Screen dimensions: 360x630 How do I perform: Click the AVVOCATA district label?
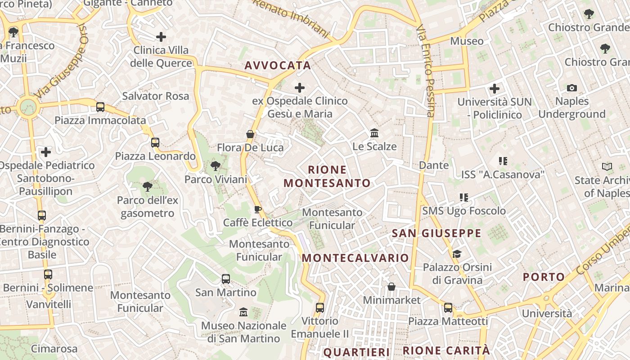[x=278, y=66]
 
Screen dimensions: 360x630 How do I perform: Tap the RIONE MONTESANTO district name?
[x=327, y=176]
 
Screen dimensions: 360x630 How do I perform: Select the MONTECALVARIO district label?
[x=355, y=258]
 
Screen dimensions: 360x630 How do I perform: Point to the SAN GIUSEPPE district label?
[x=436, y=233]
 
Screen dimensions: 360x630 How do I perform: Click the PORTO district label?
[x=544, y=277]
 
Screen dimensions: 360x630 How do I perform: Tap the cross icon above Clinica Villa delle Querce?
[x=161, y=37]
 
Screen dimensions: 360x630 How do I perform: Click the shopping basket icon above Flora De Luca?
[x=250, y=134]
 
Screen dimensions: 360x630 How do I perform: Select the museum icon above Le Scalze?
[x=374, y=133]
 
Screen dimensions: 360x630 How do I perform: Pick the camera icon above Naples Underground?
[x=571, y=88]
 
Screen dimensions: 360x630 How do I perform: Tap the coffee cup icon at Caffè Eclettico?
[x=257, y=209]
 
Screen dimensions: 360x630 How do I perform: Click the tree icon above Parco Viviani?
[x=216, y=166]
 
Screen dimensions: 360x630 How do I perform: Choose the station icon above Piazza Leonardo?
[x=155, y=143]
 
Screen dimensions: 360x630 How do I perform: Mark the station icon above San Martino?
[x=226, y=279]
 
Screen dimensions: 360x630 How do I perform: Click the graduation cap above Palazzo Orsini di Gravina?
[x=457, y=254]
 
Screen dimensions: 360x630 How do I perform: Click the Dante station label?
[x=434, y=165]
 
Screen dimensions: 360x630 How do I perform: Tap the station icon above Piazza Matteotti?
[x=448, y=308]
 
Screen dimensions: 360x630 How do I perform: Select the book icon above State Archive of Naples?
[x=607, y=167]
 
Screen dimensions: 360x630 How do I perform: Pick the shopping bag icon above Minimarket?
[x=391, y=287]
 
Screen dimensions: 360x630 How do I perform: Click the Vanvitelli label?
[x=49, y=304]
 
